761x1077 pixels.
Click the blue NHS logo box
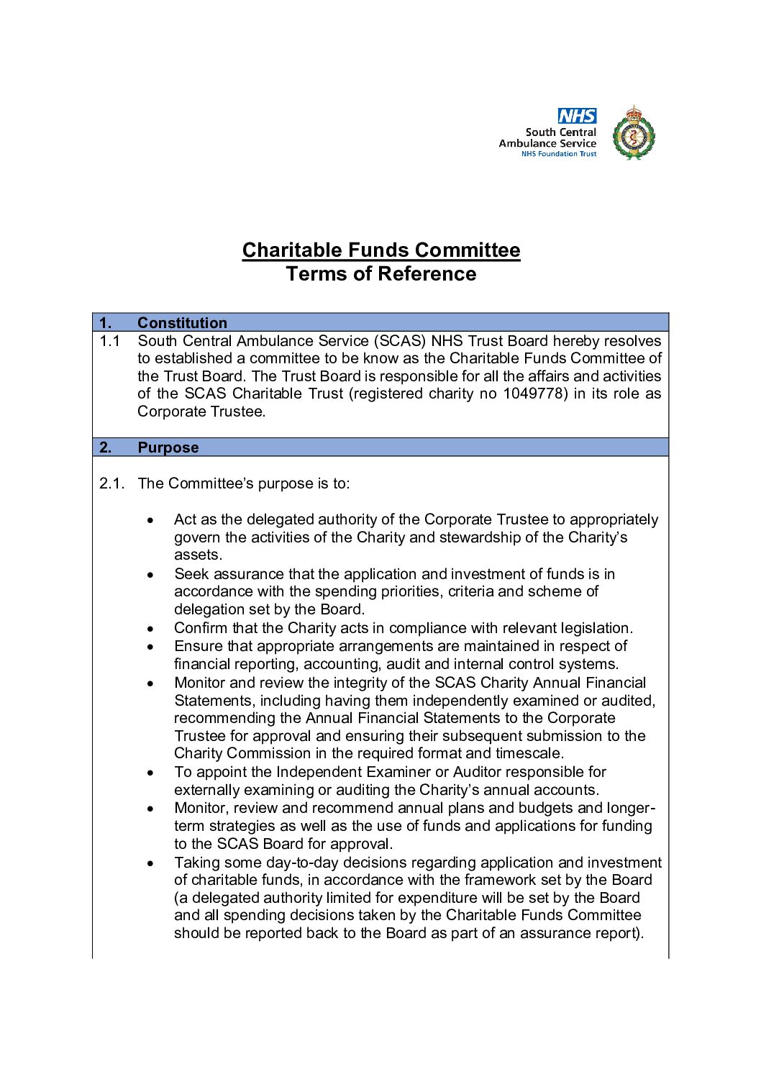pyautogui.click(x=577, y=116)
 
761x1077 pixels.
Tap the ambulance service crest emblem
pyautogui.click(x=633, y=133)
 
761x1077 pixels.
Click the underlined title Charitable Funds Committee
pyautogui.click(x=381, y=250)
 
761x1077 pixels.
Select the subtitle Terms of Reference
pyautogui.click(x=381, y=274)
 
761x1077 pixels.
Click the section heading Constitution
pyautogui.click(x=182, y=322)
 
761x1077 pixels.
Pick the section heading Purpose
pyautogui.click(x=168, y=447)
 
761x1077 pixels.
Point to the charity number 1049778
pyautogui.click(x=534, y=394)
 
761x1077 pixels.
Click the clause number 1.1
pyautogui.click(x=109, y=341)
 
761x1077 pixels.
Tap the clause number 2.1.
pyautogui.click(x=111, y=483)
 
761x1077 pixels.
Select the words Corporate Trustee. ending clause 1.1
pyautogui.click(x=201, y=412)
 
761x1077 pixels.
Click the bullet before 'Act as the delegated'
pyautogui.click(x=150, y=520)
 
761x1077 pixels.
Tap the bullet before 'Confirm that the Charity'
pyautogui.click(x=150, y=629)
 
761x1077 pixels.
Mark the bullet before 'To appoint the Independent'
pyautogui.click(x=150, y=773)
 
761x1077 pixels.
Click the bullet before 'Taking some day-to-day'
pyautogui.click(x=150, y=863)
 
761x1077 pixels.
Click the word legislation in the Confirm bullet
pyautogui.click(x=591, y=628)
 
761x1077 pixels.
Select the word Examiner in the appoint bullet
pyautogui.click(x=397, y=772)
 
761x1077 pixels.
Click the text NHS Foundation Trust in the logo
pyautogui.click(x=559, y=154)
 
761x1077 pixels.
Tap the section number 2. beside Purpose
pyautogui.click(x=106, y=447)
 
